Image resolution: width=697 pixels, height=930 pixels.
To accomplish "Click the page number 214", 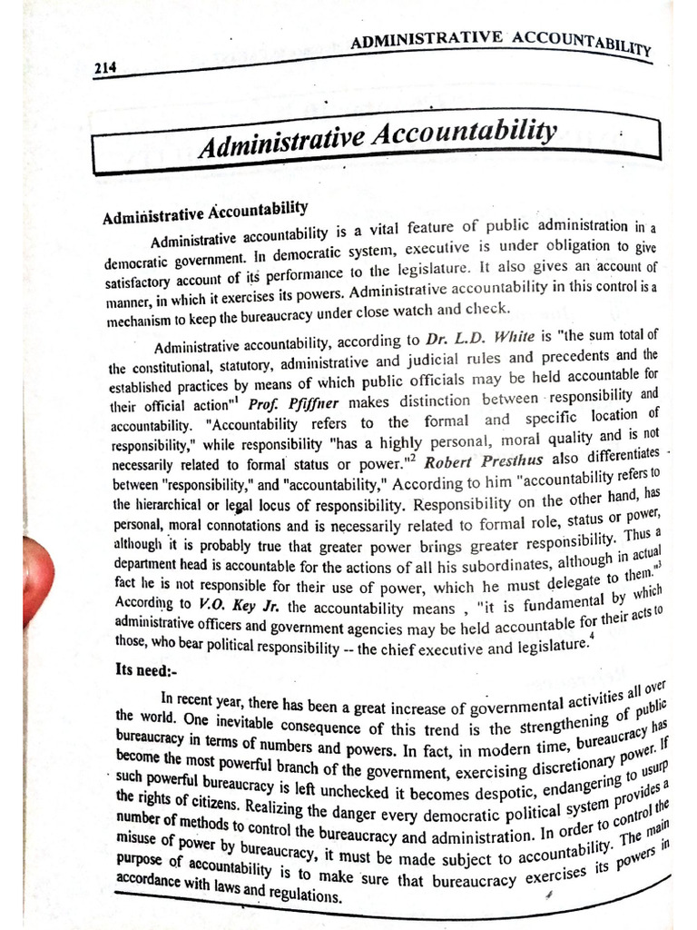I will tap(107, 70).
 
